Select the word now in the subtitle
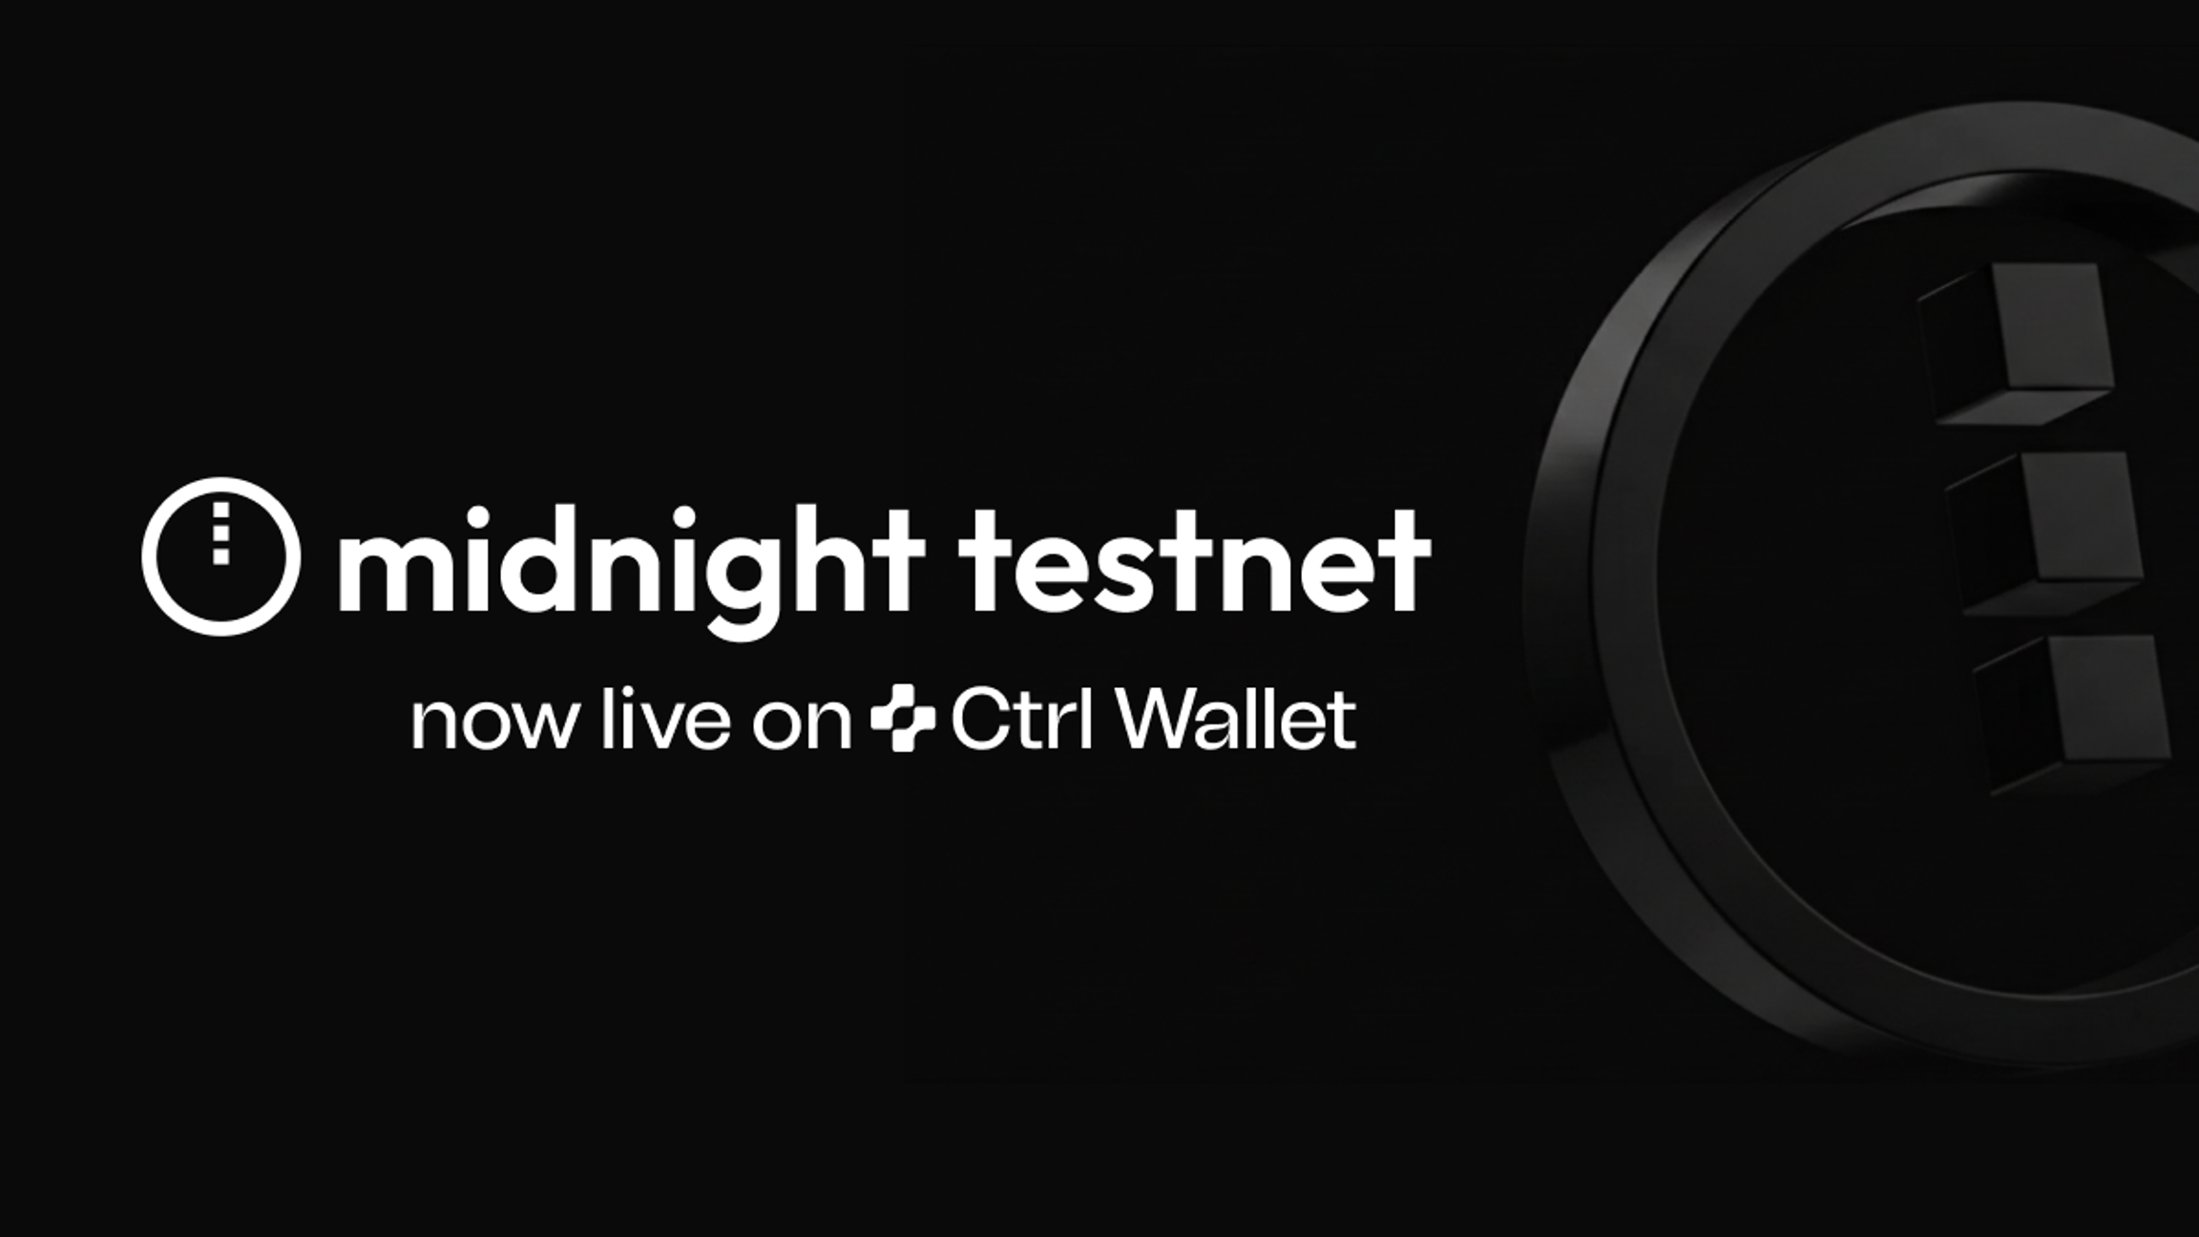tap(494, 723)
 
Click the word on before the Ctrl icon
tap(801, 723)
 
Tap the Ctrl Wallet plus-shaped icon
tap(903, 718)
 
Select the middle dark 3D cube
tap(2043, 533)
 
